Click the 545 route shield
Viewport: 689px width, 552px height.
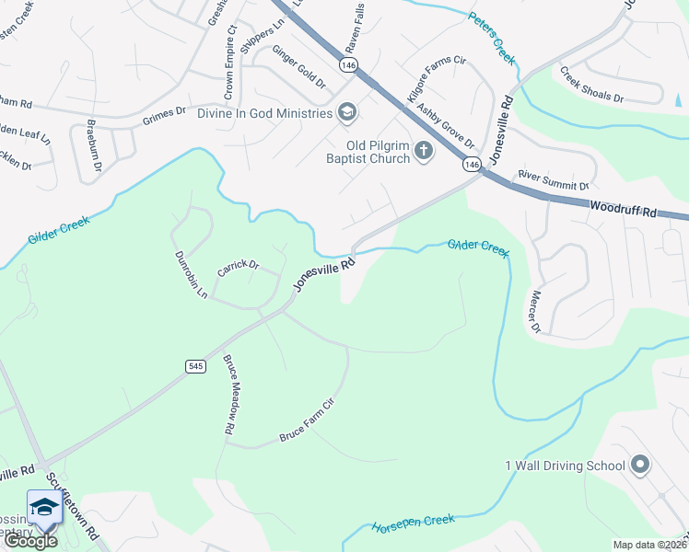(194, 366)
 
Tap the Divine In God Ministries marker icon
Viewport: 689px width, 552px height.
(347, 113)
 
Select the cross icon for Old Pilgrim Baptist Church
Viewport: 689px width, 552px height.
(423, 150)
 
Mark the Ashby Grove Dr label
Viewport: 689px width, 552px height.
(446, 125)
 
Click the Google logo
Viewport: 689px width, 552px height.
(30, 540)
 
